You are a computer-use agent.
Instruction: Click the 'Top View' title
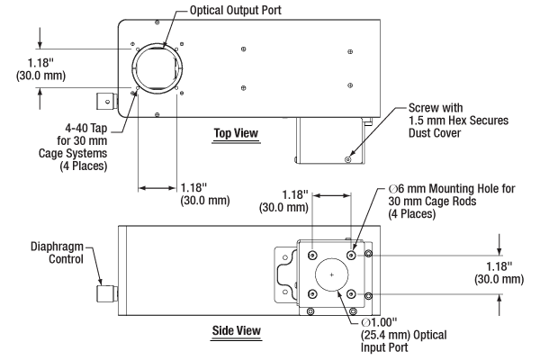236,133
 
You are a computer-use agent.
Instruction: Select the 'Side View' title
236,330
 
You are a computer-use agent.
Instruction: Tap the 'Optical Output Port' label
236,10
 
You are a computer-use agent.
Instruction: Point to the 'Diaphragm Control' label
58,253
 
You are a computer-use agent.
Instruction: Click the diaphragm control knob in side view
107,294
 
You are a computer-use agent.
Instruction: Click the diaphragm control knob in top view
107,102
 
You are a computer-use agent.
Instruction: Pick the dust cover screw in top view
348,159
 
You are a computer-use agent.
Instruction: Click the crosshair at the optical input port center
331,274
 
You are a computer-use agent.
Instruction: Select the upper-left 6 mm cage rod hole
312,256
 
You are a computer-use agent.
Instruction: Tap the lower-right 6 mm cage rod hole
351,294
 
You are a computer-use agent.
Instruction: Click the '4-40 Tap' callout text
86,128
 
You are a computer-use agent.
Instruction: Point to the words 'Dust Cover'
435,133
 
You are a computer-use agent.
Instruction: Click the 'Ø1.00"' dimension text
379,322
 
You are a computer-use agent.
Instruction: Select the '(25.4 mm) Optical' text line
403,335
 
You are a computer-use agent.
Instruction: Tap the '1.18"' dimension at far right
499,266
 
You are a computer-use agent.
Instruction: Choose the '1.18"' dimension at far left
40,63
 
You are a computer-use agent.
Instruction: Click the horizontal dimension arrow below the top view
157,188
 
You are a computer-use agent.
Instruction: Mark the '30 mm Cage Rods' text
432,202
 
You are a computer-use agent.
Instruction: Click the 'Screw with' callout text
436,108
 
